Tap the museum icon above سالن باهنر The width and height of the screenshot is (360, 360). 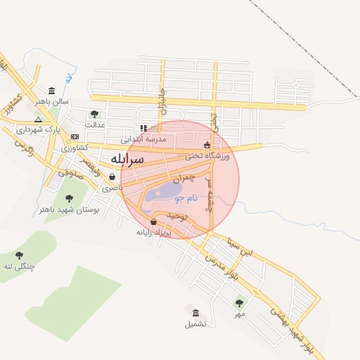tap(52, 91)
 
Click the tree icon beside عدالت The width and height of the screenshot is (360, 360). tap(94, 114)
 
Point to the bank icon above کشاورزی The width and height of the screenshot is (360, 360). tap(75, 136)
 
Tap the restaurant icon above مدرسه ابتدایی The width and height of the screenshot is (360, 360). tap(143, 129)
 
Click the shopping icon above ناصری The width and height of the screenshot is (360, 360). tap(112, 177)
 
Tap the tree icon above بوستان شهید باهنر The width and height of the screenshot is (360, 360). tap(69, 198)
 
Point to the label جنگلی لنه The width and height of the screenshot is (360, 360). tap(19, 266)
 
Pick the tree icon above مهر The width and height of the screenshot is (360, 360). tap(239, 303)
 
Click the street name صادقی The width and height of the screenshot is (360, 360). tap(70, 172)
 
